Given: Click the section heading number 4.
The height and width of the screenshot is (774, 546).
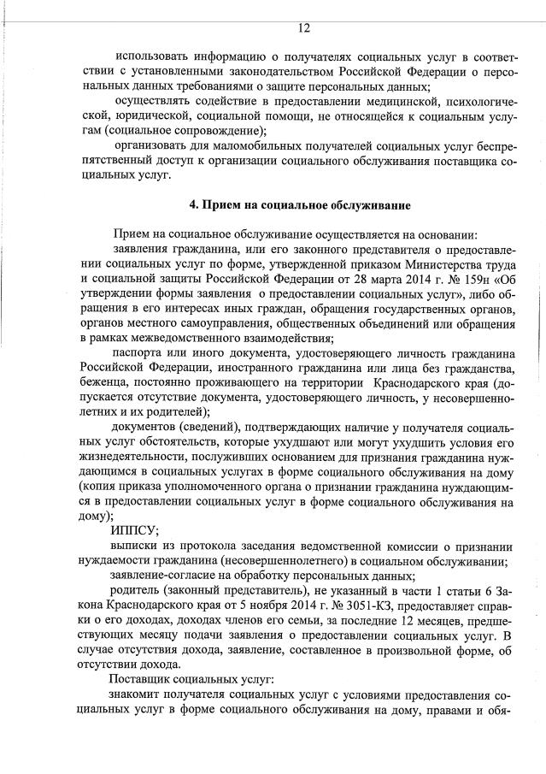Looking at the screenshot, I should (193, 205).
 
